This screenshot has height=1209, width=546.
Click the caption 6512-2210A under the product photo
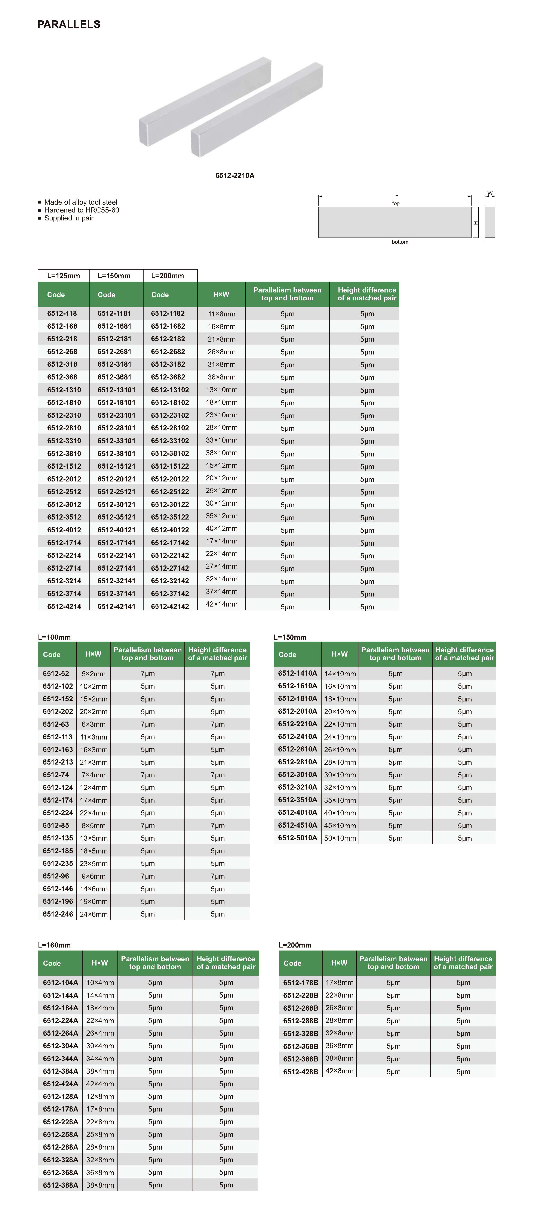[x=235, y=176]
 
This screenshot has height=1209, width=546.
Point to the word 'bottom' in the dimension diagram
[x=400, y=242]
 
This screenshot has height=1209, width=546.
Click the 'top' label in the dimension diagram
[x=396, y=204]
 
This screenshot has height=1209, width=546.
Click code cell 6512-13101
[x=116, y=390]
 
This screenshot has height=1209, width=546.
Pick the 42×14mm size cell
[x=222, y=605]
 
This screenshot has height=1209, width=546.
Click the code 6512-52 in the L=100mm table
[x=56, y=673]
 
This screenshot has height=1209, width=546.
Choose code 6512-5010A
[x=298, y=838]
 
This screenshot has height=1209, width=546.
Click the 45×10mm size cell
[x=340, y=825]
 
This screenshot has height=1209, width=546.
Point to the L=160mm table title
[x=55, y=945]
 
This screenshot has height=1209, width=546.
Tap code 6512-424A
[x=61, y=1084]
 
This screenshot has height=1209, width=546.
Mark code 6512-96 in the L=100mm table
[x=56, y=876]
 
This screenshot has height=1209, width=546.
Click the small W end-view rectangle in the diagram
[x=490, y=222]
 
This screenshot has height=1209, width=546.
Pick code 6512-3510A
[x=298, y=800]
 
